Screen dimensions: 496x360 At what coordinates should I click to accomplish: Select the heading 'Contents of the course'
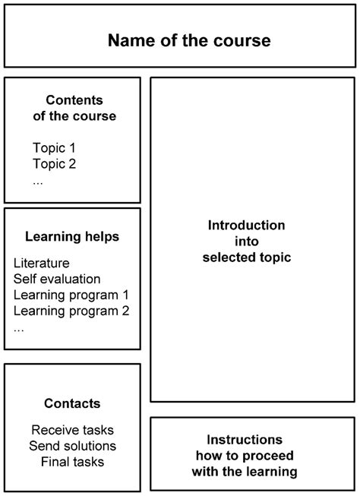click(x=74, y=108)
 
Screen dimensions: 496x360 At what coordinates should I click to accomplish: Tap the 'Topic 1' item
click(x=54, y=147)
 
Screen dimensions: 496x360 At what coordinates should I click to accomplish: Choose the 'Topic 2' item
click(x=54, y=163)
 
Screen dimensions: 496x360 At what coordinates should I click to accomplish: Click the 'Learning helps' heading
click(x=72, y=237)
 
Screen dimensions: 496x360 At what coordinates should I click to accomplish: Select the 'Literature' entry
click(x=42, y=263)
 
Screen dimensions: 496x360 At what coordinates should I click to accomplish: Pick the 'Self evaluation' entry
click(x=57, y=279)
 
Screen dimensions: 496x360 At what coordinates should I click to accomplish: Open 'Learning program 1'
click(x=71, y=295)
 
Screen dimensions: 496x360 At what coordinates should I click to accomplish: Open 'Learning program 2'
click(x=71, y=311)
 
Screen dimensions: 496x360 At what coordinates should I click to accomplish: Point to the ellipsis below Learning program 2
click(x=19, y=327)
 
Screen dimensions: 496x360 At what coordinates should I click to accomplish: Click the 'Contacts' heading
click(x=72, y=403)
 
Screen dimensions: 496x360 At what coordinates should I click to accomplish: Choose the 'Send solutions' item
click(x=72, y=445)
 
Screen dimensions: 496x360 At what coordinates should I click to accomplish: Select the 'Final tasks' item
click(x=72, y=461)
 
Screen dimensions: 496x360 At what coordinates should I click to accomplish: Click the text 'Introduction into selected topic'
click(x=247, y=242)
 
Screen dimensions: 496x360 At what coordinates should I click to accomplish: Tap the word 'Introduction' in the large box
click(x=247, y=226)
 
